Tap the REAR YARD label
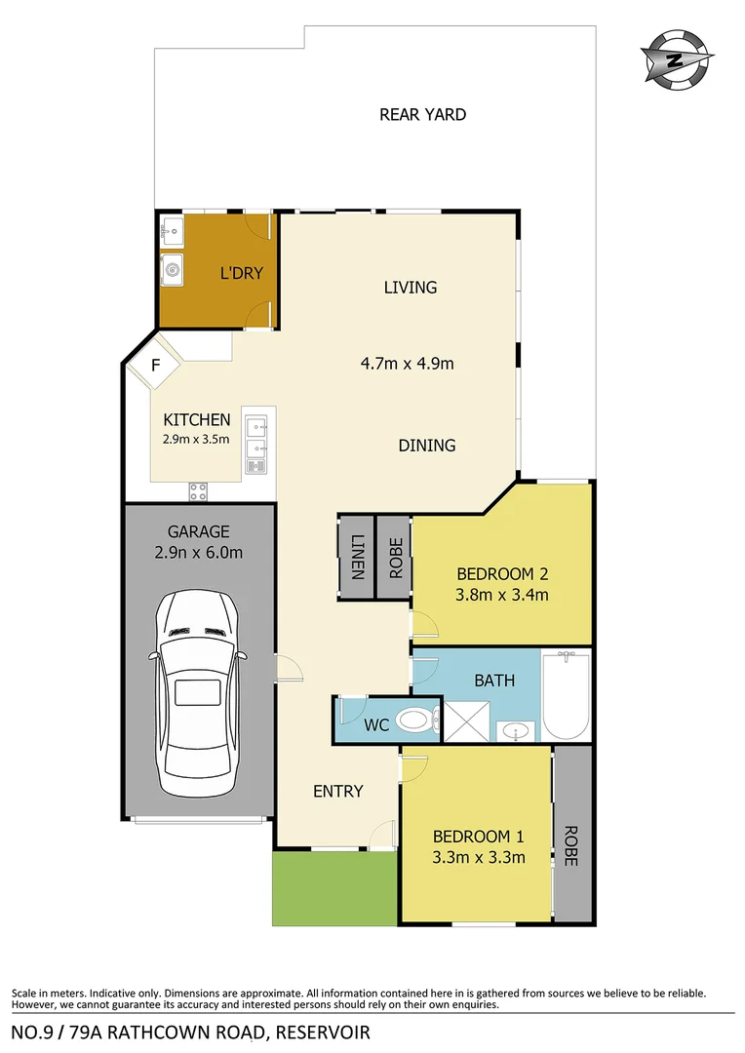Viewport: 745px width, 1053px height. pyautogui.click(x=422, y=114)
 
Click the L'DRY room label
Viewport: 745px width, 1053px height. pyautogui.click(x=241, y=274)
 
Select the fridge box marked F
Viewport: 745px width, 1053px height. pyautogui.click(x=155, y=369)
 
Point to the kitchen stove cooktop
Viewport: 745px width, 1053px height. pyautogui.click(x=199, y=489)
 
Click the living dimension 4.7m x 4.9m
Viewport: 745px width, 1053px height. pyautogui.click(x=408, y=365)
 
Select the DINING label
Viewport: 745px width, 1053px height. pyautogui.click(x=427, y=446)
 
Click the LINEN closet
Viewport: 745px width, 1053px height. pyautogui.click(x=356, y=557)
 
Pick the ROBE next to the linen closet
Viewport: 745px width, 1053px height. pyautogui.click(x=395, y=557)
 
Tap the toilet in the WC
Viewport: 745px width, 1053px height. pyautogui.click(x=415, y=722)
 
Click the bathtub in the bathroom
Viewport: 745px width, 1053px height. pyautogui.click(x=567, y=696)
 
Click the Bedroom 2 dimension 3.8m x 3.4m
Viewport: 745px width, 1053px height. pyautogui.click(x=500, y=594)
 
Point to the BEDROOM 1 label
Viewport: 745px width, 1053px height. pyautogui.click(x=479, y=836)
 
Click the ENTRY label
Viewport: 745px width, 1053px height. pyautogui.click(x=337, y=791)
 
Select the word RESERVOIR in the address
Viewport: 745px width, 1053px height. pyautogui.click(x=324, y=1032)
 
